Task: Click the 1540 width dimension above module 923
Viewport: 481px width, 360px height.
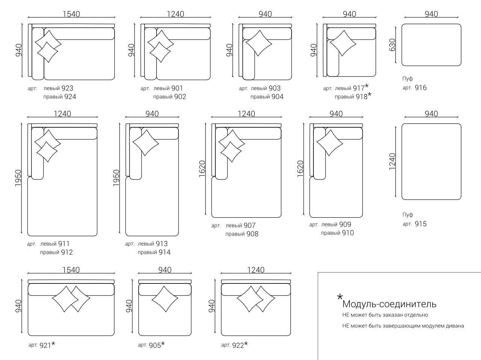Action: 71,14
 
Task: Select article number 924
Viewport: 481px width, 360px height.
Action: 70,97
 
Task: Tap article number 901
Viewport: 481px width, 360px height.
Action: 177,88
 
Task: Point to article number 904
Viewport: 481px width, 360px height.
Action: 277,97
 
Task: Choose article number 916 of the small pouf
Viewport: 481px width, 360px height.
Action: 420,88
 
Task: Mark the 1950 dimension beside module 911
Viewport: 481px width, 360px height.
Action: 18,178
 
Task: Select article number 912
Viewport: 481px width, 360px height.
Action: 67,252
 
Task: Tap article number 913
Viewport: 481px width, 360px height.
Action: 162,244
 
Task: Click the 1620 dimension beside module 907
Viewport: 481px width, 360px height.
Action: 202,169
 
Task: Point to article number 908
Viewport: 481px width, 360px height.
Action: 252,234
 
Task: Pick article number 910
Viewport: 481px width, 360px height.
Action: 348,233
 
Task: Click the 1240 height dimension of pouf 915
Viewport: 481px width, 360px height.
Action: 392,161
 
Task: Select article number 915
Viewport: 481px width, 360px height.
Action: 420,224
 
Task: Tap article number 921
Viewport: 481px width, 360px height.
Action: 45,345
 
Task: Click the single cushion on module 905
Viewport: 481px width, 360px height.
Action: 165,299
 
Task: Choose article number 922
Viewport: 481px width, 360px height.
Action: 238,345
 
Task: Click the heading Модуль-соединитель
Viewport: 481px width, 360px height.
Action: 389,304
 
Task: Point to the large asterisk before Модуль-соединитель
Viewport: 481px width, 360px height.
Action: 340,297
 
